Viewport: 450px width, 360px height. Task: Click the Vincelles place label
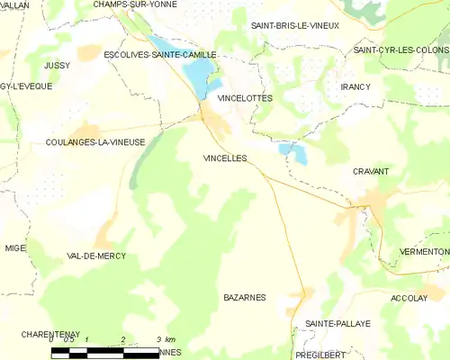[x=226, y=157]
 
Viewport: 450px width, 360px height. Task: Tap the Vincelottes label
[x=245, y=97]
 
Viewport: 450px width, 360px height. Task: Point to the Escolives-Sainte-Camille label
[x=160, y=55]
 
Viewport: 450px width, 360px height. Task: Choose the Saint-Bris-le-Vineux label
[x=295, y=26]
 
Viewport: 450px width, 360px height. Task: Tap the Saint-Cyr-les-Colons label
[x=401, y=50]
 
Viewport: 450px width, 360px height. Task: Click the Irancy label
[x=356, y=86]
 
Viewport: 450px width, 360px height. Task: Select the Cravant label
[x=370, y=171]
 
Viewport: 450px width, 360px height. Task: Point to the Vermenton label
[x=424, y=252]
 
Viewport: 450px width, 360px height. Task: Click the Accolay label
[x=409, y=298]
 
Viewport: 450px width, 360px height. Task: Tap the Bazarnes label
[x=241, y=296]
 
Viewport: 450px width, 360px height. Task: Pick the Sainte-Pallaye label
[x=337, y=323]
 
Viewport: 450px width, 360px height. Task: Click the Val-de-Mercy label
[x=96, y=256]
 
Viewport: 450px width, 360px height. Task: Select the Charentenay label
[x=40, y=334]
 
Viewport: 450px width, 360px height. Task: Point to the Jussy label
[x=56, y=66]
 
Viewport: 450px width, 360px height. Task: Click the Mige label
[x=15, y=247]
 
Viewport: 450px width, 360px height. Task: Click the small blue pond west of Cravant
[x=293, y=152]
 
